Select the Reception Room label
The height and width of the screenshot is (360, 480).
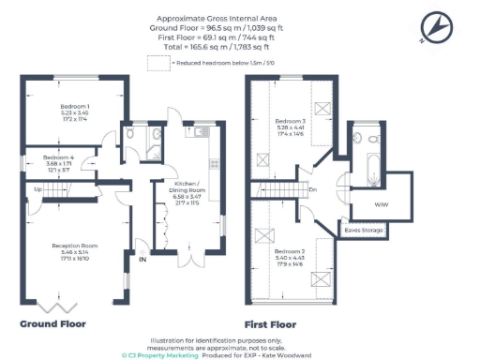74,247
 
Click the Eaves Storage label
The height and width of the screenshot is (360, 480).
361,229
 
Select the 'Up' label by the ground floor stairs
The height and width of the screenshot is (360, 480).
38,189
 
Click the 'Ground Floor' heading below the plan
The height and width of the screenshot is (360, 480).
53,323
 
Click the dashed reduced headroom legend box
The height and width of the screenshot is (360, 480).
157,62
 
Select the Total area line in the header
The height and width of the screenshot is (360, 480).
212,45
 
